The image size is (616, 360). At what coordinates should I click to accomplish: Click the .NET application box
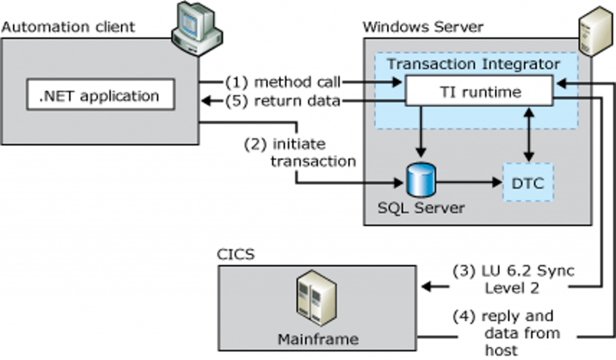tap(100, 96)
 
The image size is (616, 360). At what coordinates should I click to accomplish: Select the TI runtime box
tap(478, 91)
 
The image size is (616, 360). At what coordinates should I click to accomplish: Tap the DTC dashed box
tap(528, 182)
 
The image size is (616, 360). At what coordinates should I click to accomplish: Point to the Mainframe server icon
tap(316, 299)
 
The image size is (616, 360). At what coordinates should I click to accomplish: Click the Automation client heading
tap(68, 27)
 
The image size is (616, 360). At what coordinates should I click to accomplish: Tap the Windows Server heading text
tap(423, 27)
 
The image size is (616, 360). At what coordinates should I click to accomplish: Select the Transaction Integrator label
tap(473, 63)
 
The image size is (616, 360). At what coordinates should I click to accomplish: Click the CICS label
tap(235, 254)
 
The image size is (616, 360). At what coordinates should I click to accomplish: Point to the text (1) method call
tap(282, 81)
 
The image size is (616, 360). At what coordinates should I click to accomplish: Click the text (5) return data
tap(282, 101)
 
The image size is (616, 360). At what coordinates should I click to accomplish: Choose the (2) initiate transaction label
tap(300, 152)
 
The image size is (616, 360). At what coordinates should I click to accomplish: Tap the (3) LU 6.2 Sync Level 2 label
tap(513, 279)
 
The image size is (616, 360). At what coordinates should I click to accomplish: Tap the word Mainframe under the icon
tap(318, 339)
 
